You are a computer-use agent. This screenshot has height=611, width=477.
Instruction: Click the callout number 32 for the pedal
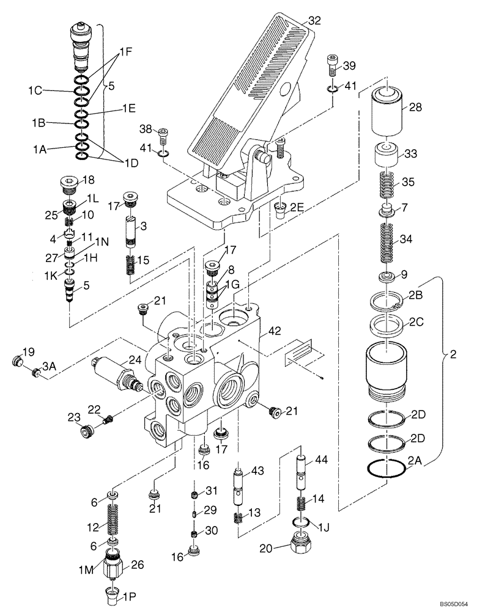pos(314,20)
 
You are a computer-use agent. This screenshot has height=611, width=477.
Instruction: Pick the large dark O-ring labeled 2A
pos(386,469)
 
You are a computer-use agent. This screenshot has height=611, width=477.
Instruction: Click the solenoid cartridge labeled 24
pos(114,372)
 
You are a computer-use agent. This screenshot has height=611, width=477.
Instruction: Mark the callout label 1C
pos(34,91)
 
